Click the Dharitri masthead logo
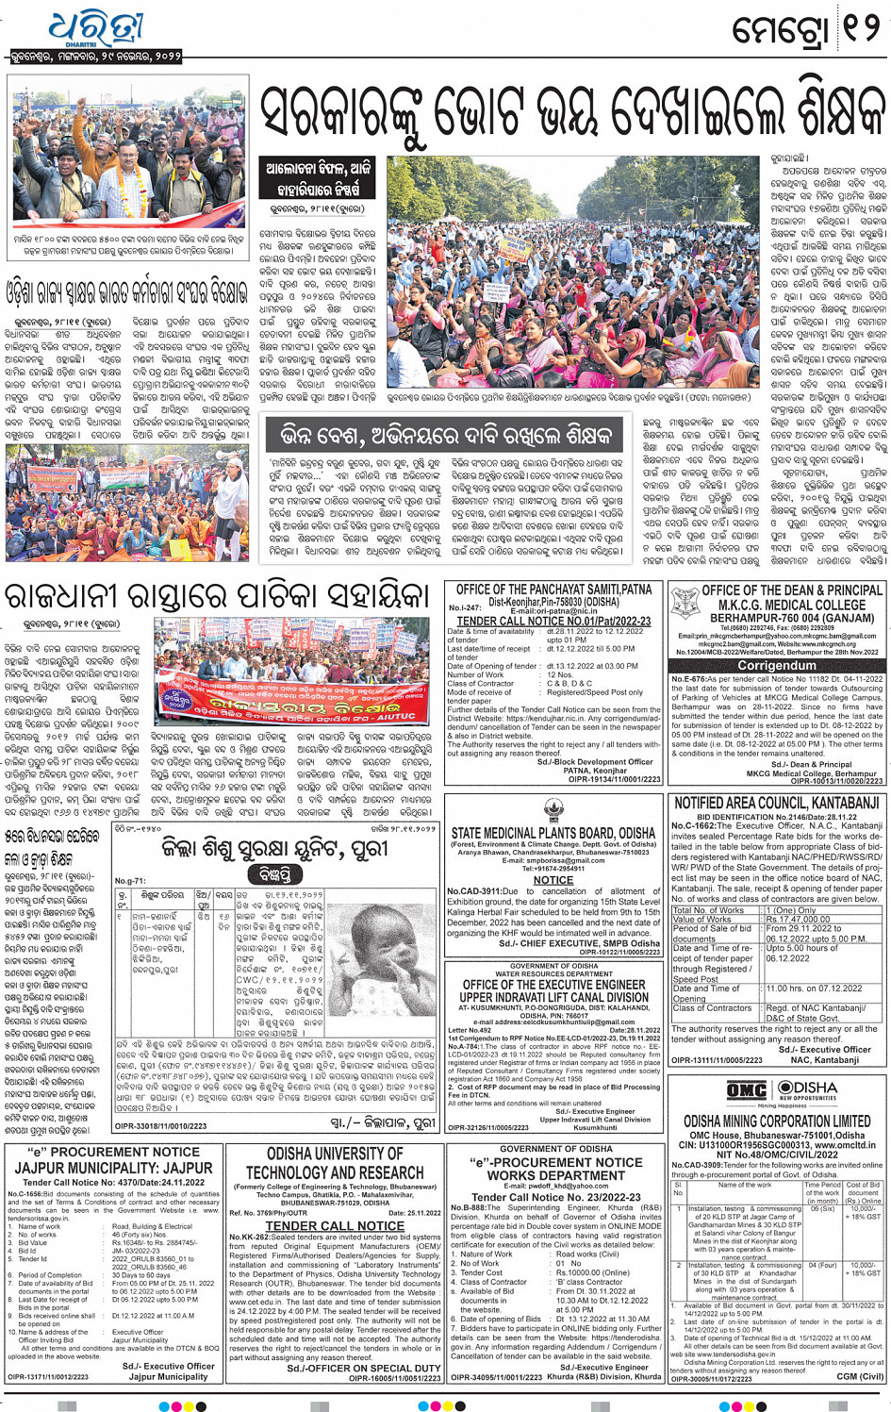(x=94, y=29)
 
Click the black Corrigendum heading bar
(x=776, y=665)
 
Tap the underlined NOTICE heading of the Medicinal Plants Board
(x=553, y=880)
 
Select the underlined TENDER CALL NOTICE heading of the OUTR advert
(x=335, y=1225)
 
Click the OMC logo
(x=746, y=1090)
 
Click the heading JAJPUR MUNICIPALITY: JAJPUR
(x=113, y=1168)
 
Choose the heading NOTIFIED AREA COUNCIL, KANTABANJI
(x=776, y=803)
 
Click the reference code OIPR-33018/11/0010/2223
(x=160, y=1125)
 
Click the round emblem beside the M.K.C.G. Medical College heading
(x=685, y=603)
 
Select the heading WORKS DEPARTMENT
(x=555, y=1175)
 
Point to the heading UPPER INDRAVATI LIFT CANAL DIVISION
(x=553, y=997)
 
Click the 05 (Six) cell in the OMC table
(x=822, y=1209)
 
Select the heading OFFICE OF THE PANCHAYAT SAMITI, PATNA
(x=554, y=590)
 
